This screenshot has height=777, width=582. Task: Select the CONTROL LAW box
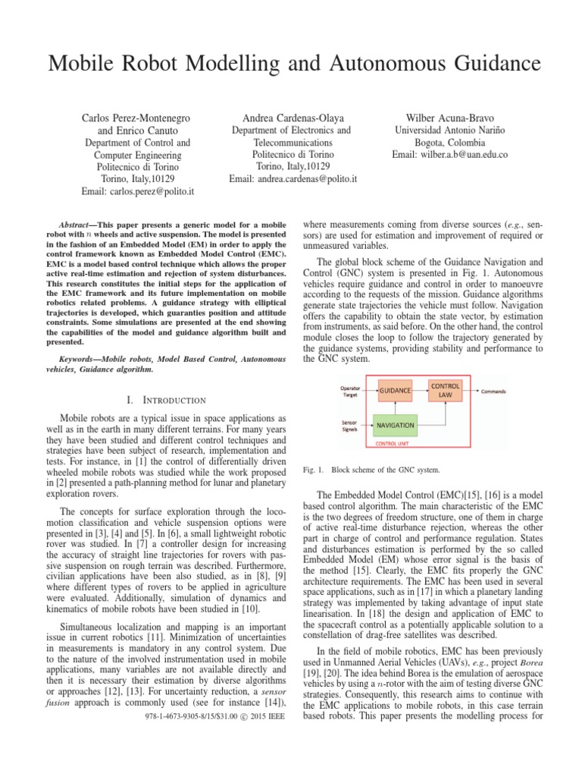coord(445,390)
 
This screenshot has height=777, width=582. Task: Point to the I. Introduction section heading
coord(164,399)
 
